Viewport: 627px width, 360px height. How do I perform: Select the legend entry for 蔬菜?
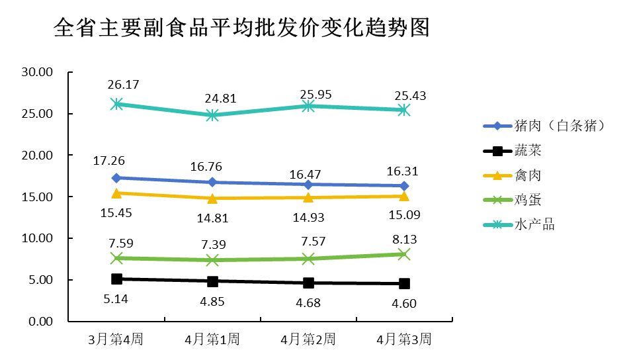click(527, 150)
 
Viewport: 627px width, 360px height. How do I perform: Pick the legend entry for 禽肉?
click(527, 175)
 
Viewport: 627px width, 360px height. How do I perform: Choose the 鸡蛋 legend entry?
click(527, 200)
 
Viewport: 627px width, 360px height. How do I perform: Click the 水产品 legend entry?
click(534, 224)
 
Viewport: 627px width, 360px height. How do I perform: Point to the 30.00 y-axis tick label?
click(36, 72)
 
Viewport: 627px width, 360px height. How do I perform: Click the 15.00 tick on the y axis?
click(36, 197)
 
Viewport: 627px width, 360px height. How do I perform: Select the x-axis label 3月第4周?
click(116, 339)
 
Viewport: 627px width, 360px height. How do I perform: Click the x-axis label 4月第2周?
click(308, 339)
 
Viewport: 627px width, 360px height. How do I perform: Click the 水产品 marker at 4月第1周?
click(212, 115)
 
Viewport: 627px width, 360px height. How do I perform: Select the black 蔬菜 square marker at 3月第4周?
click(116, 279)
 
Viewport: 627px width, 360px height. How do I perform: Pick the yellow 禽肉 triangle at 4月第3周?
click(404, 195)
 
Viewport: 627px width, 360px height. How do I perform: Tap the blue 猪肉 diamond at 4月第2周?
click(308, 184)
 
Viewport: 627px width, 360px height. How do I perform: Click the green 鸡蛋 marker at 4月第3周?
click(404, 254)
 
